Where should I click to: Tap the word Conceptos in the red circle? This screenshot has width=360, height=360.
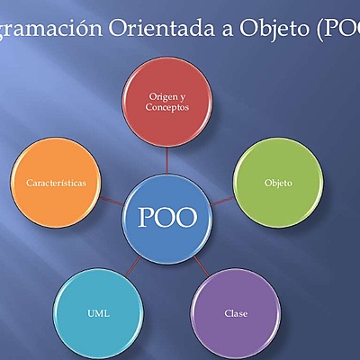[166, 108]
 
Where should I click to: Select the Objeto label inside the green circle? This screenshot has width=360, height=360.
[278, 183]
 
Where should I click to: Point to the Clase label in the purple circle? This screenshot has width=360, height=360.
[236, 313]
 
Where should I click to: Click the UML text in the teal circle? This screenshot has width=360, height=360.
[99, 313]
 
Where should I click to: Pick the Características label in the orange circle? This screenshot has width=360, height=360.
[57, 182]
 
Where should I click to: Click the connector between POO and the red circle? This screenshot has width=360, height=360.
[166, 160]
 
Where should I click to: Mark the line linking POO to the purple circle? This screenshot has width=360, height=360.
[202, 265]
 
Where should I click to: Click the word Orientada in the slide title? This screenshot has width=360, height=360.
[160, 27]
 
